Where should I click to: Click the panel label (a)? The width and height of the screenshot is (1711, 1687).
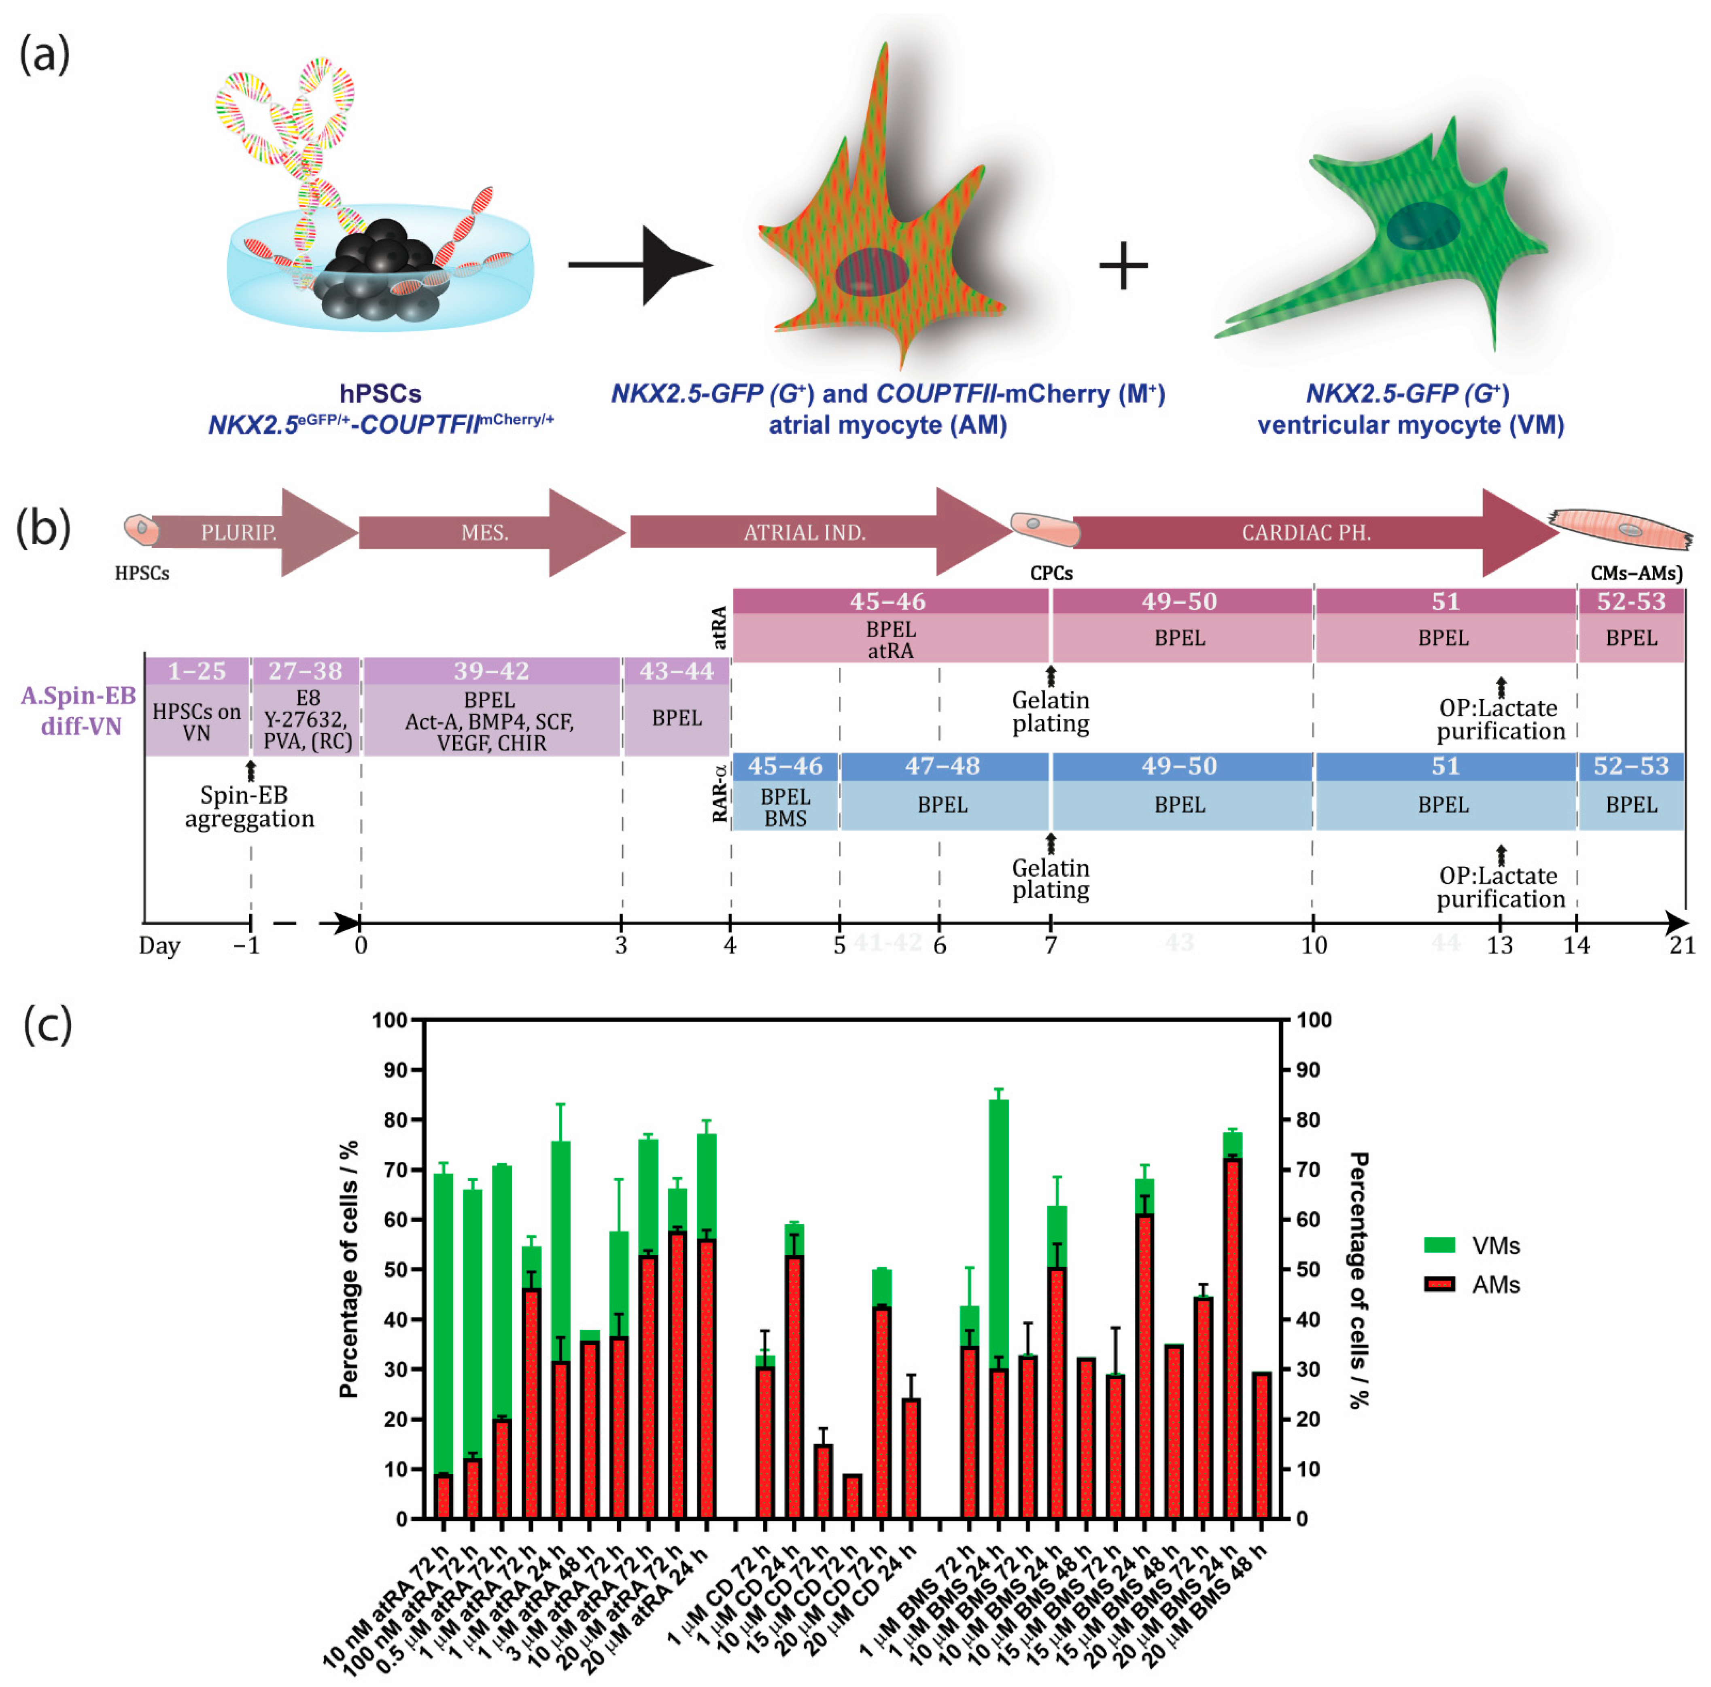(44, 55)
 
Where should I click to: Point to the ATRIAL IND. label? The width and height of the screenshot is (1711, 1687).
(804, 532)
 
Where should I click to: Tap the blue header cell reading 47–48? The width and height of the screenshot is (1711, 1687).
(942, 766)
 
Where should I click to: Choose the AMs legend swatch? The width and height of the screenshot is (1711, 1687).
(1439, 1284)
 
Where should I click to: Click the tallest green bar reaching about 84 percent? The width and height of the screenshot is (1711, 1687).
(998, 1222)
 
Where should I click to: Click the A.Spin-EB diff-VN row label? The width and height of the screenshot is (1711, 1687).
(79, 711)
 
